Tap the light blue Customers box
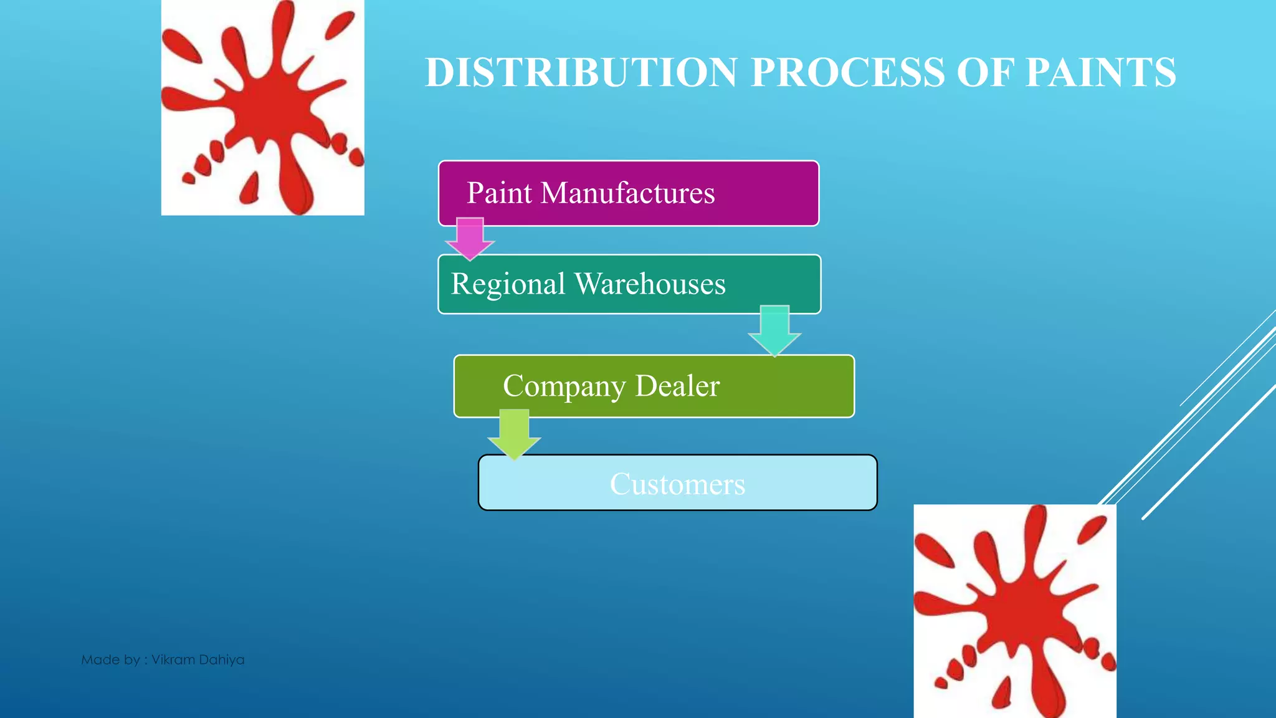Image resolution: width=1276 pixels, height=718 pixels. tap(677, 483)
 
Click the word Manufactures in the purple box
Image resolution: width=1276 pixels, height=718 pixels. tap(627, 193)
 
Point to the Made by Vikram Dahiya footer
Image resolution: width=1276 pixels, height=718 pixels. tap(163, 659)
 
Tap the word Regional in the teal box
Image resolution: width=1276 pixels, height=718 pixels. tap(508, 284)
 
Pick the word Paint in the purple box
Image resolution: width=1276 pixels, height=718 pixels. tap(499, 193)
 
